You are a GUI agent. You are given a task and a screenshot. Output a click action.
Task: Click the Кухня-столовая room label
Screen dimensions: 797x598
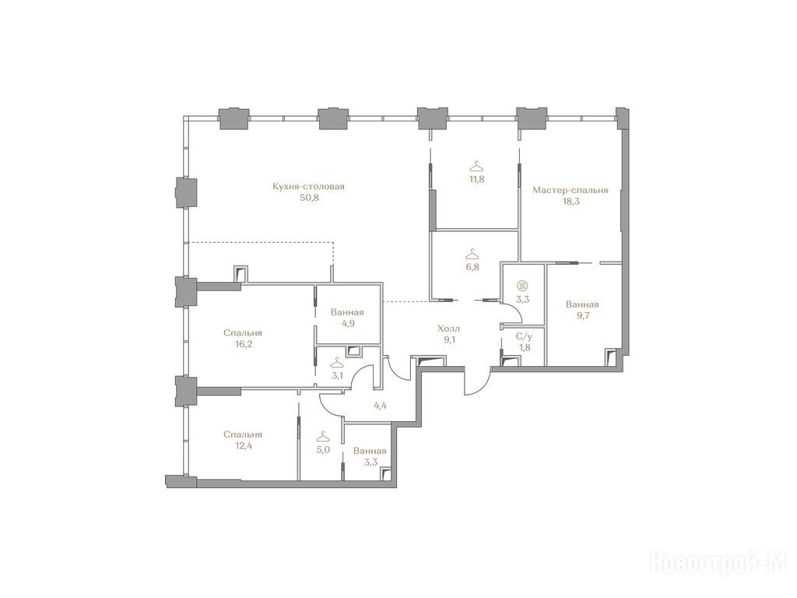point(308,187)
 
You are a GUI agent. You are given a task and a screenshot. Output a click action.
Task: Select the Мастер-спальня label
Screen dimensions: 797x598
point(571,190)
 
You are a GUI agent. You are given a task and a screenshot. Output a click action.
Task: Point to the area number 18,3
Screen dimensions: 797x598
point(571,202)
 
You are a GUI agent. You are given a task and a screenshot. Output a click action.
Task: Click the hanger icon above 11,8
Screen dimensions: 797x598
point(475,167)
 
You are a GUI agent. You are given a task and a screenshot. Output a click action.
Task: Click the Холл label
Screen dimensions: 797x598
point(449,329)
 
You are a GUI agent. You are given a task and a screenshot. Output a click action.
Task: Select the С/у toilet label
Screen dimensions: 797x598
point(523,336)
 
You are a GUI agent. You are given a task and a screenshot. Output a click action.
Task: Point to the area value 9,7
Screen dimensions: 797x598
point(582,316)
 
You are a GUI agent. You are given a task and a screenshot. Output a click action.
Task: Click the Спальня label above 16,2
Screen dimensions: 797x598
point(243,333)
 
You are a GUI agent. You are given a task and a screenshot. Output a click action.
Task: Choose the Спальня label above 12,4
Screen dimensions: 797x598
point(243,434)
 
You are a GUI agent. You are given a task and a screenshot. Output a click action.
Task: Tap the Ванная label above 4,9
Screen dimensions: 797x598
point(347,312)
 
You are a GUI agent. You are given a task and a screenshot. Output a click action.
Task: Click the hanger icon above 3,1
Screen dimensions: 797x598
point(336,363)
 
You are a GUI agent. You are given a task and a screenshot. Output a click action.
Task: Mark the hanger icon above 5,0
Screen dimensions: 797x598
point(321,437)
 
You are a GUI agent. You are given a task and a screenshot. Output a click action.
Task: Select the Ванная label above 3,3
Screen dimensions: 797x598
point(370,451)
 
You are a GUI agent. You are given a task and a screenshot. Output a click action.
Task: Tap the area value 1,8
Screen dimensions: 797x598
point(523,348)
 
